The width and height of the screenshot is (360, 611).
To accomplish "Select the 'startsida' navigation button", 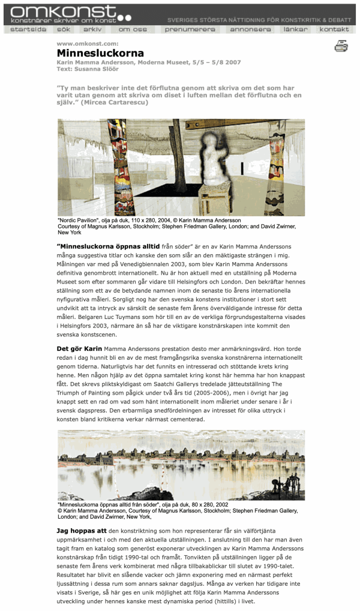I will click(28, 29).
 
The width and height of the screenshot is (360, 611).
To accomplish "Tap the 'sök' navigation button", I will click(64, 29).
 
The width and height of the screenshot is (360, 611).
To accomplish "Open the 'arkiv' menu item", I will click(92, 29).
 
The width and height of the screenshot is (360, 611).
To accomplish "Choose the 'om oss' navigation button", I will click(133, 29).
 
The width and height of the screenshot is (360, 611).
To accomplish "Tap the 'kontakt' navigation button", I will click(334, 29).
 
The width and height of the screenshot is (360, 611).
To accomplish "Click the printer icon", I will click(341, 46).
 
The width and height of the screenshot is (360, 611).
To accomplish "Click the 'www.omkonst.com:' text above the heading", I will click(87, 44).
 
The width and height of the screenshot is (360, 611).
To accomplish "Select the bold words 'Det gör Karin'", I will click(79, 348).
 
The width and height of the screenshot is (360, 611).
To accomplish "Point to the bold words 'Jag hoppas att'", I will click(82, 531).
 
